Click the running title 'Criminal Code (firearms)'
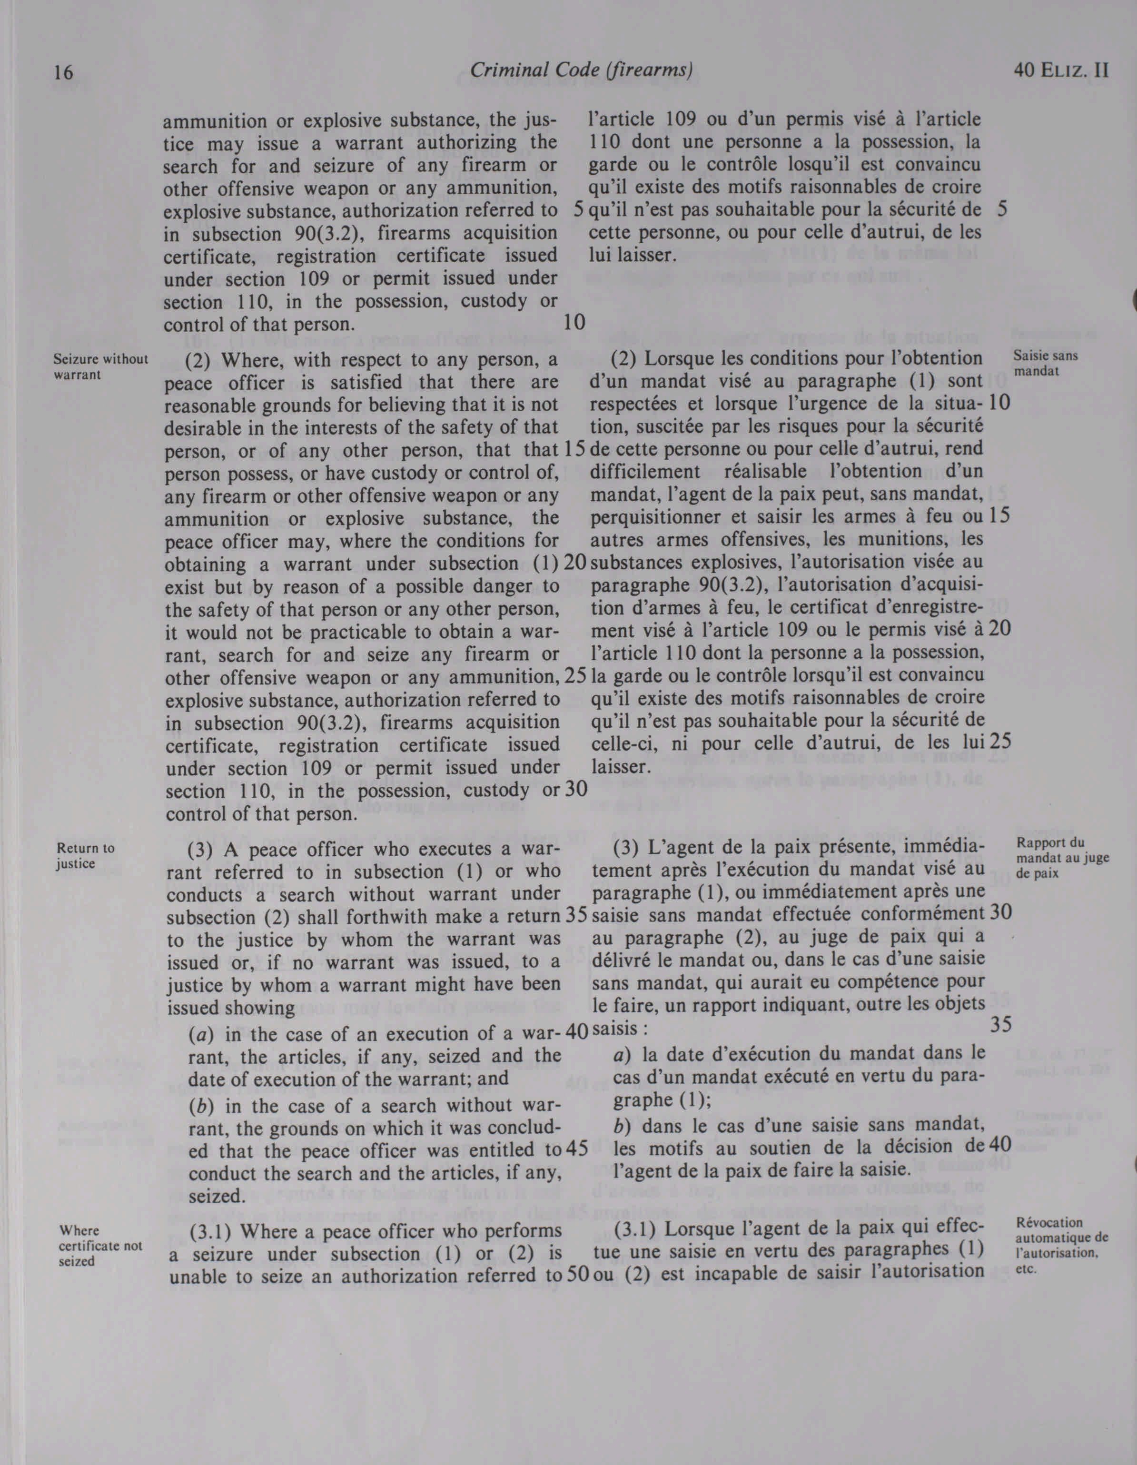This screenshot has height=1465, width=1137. (x=581, y=70)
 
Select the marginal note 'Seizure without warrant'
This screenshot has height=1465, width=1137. (x=100, y=366)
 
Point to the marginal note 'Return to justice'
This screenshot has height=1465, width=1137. (x=85, y=855)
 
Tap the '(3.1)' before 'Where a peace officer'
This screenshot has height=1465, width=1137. (x=210, y=1232)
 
